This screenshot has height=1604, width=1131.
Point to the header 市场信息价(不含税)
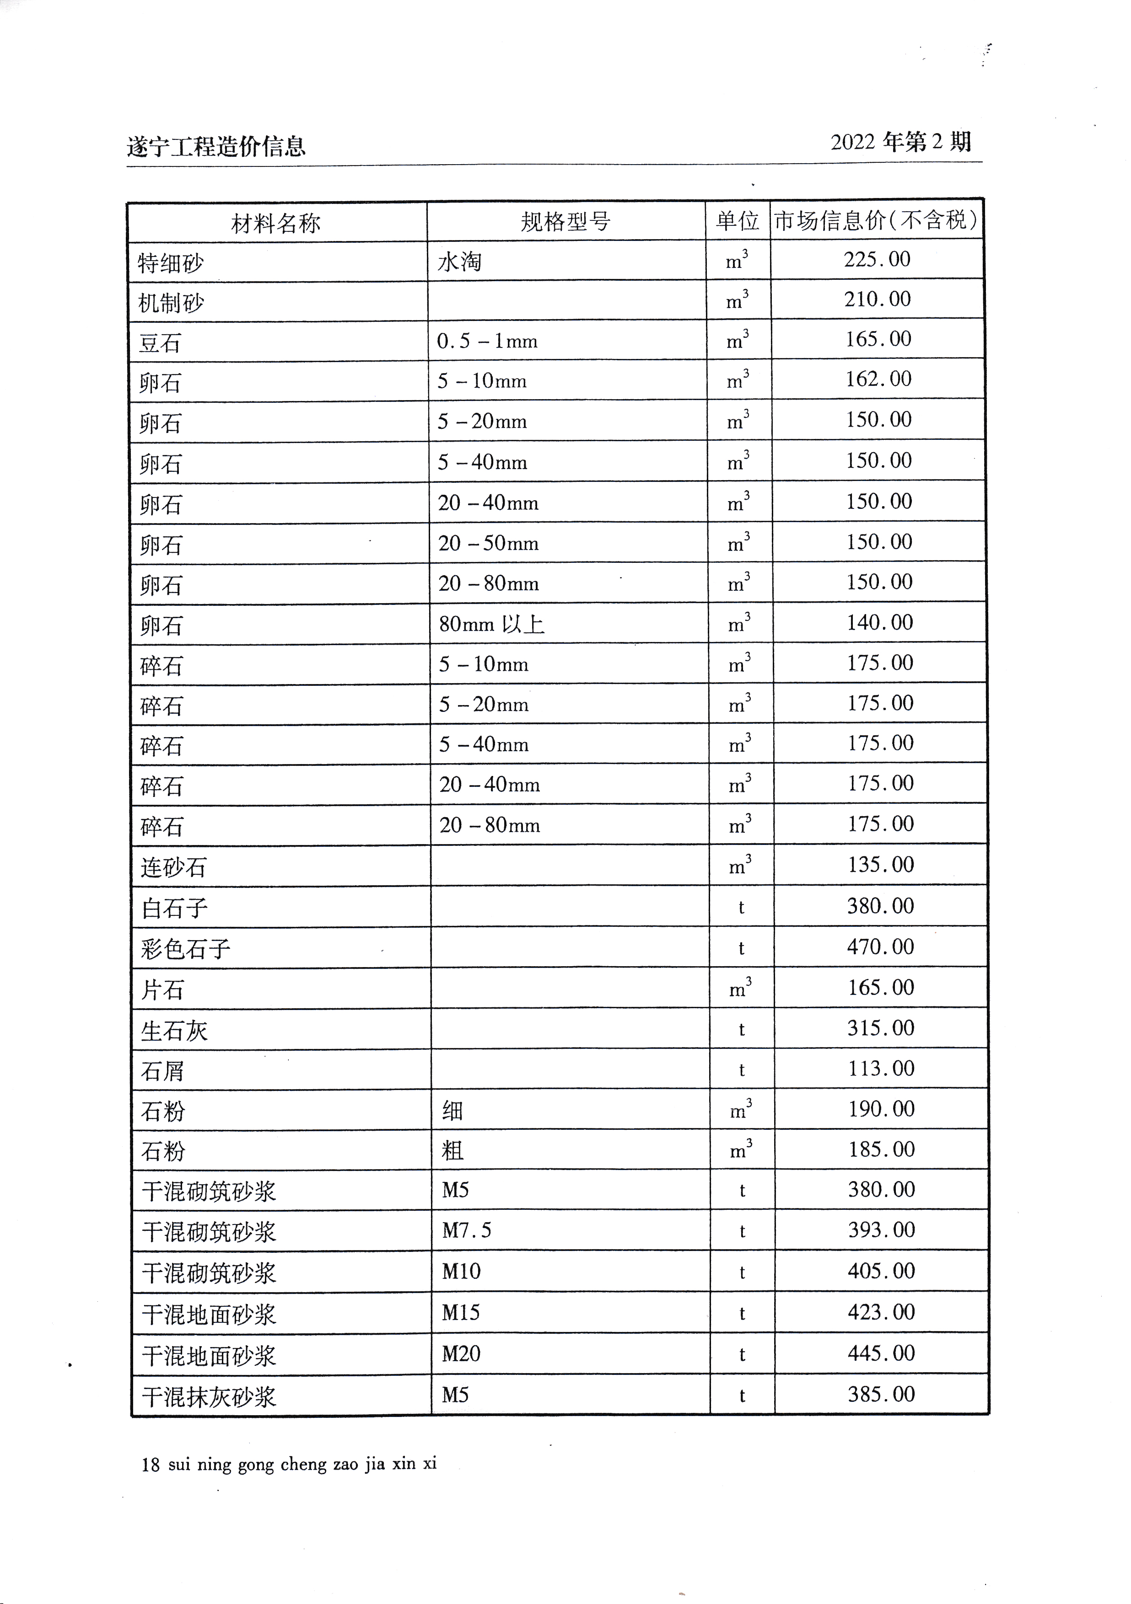pos(875,220)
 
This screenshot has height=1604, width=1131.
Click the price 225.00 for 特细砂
pos(877,259)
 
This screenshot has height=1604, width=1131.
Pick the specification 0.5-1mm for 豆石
pos(487,341)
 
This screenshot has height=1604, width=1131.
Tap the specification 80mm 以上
pos(491,624)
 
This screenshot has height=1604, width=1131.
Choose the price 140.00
pos(879,622)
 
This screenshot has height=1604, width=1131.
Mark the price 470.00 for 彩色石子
pos(880,946)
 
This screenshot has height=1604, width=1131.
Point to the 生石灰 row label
pos(174,1031)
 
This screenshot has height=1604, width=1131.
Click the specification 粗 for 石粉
pos(452,1150)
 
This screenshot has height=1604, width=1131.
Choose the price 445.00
pos(881,1353)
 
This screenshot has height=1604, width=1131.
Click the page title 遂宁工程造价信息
pos(216,146)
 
